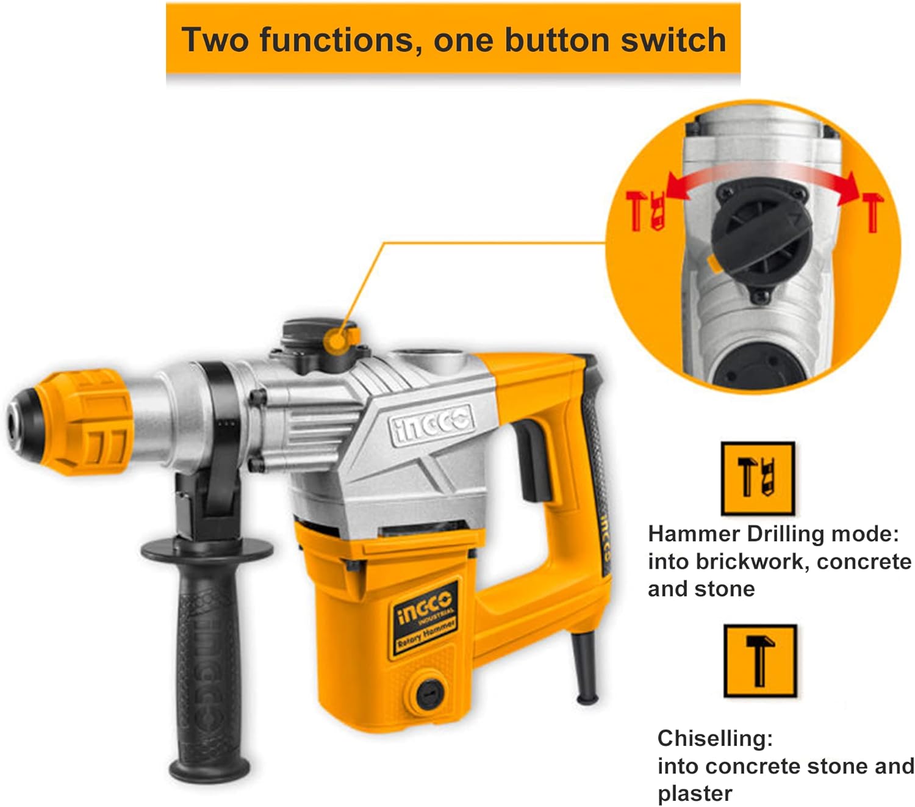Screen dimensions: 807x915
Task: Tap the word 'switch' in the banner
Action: click(673, 40)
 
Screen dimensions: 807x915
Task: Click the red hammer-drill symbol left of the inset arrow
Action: click(644, 211)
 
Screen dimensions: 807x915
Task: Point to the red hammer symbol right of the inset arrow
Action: click(872, 211)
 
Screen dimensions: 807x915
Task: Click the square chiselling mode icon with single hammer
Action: click(759, 661)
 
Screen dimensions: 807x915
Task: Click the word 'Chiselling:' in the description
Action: click(715, 739)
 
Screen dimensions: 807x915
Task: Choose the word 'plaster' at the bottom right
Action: click(694, 794)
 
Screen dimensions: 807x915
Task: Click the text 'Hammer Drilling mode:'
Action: click(773, 534)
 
